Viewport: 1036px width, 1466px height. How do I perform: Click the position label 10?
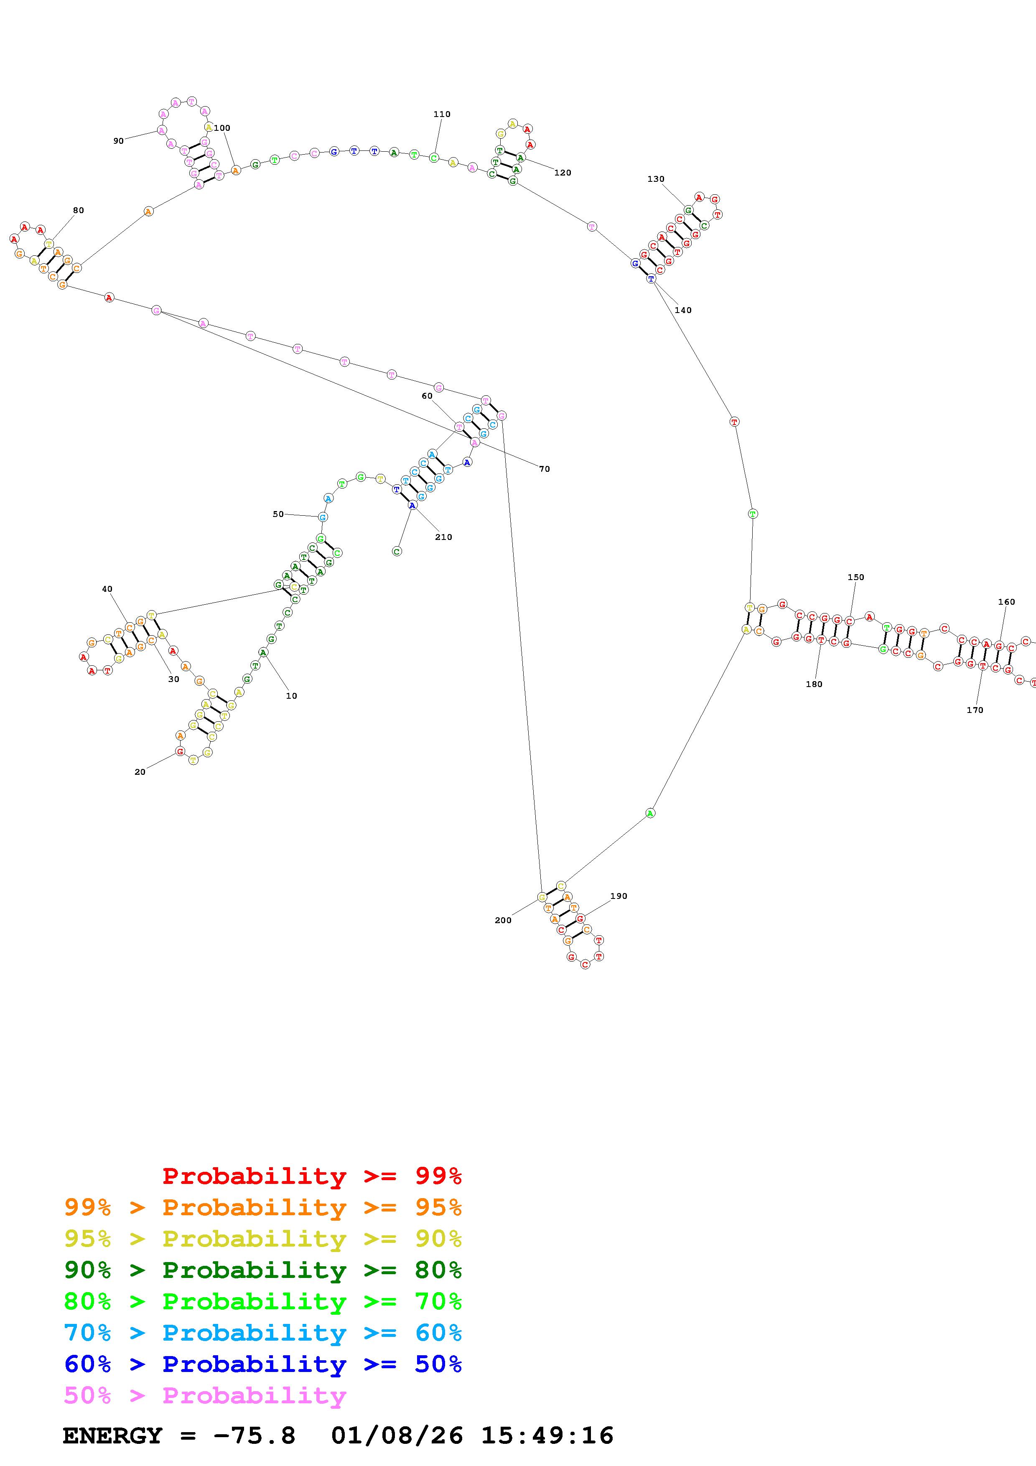[291, 696]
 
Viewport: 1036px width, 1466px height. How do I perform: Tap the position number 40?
[107, 589]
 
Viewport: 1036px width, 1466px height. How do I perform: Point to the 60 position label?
[427, 396]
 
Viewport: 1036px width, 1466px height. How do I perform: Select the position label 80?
[78, 210]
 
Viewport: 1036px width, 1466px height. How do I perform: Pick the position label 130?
[656, 179]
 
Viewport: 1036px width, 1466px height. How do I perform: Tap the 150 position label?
[855, 577]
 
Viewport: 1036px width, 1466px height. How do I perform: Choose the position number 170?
[975, 710]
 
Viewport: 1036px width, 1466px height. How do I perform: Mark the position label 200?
[503, 920]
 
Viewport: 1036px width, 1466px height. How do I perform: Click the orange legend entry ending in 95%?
[263, 1207]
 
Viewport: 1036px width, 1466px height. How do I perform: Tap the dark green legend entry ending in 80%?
[263, 1270]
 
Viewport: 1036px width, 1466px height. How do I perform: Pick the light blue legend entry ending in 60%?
[263, 1333]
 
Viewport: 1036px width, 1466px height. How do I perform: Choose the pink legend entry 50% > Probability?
[205, 1395]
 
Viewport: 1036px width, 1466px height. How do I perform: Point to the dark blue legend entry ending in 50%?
[263, 1364]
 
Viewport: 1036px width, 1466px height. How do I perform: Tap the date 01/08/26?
[397, 1435]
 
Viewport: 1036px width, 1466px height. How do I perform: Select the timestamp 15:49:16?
[547, 1435]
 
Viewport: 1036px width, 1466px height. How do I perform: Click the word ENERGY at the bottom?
[112, 1435]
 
